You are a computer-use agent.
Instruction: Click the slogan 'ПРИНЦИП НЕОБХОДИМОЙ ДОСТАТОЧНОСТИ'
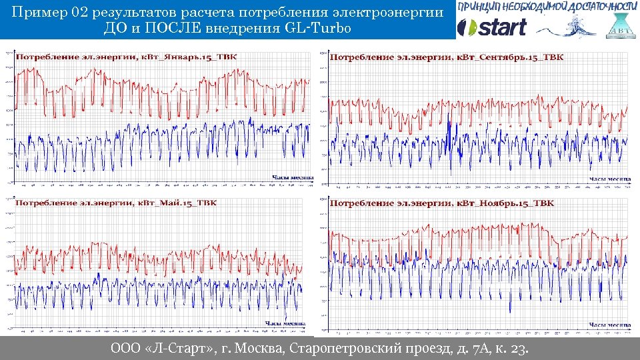click(x=543, y=7)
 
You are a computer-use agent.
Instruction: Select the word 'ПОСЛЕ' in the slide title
click(x=166, y=29)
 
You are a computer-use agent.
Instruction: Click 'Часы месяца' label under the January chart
click(x=292, y=177)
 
